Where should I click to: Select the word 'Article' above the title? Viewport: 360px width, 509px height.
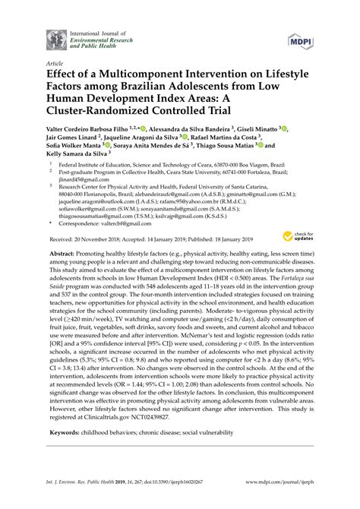coord(55,65)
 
